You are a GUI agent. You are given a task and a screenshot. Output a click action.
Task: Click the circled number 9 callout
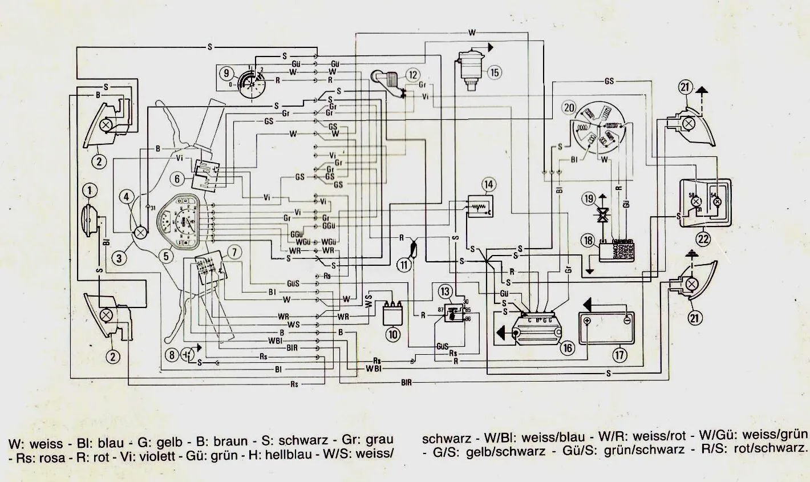226,73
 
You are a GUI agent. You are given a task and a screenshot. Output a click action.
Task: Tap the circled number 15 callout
494,72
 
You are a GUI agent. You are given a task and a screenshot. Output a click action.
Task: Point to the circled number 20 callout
568,107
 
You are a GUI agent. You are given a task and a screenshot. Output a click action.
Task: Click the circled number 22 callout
703,238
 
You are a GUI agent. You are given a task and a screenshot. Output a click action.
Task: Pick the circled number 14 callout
488,184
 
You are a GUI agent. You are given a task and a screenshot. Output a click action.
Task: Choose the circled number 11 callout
404,264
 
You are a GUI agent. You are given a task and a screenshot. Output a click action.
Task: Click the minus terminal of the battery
626,321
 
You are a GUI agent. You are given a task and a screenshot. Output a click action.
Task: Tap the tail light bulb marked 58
695,201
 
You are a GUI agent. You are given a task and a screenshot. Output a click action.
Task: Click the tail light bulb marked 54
718,201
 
